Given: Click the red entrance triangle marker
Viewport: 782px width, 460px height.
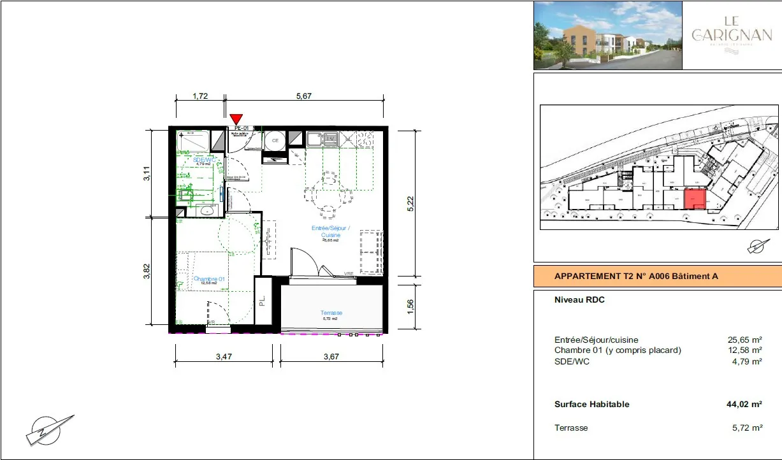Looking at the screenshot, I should tap(236, 119).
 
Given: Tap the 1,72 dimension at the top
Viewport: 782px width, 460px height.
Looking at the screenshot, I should tap(200, 96).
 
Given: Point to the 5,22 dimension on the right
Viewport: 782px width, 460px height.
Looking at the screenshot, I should tap(411, 203).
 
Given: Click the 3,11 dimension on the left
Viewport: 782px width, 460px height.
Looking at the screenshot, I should tap(147, 173).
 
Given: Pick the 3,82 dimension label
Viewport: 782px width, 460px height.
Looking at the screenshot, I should tap(147, 271).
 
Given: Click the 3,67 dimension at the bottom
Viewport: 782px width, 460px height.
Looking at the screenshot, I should tap(331, 357).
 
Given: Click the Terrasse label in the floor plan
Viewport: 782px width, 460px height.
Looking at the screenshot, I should tap(331, 313).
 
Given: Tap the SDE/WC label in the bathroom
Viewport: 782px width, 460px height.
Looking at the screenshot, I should tap(203, 159).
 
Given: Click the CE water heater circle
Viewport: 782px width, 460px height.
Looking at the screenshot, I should tap(275, 140).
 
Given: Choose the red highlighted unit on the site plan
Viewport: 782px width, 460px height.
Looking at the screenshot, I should tap(695, 199).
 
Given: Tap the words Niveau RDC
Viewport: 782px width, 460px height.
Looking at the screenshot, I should tap(579, 300).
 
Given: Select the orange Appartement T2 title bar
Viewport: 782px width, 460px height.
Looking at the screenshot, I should tap(657, 277).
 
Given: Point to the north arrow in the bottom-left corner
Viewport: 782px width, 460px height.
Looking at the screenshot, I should tap(50, 429).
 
